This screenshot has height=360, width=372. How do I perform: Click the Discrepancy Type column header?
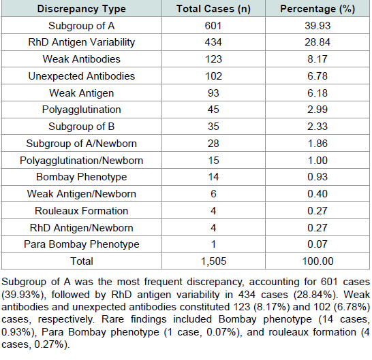coord(81,9)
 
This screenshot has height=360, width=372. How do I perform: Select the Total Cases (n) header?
coord(213,9)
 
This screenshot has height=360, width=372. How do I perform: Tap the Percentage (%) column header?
coord(317,9)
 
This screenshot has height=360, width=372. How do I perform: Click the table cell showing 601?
coord(213,26)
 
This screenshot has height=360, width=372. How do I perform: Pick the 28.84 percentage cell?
coord(317,42)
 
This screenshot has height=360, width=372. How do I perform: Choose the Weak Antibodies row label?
coord(81,59)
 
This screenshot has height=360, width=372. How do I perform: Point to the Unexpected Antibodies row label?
coord(81,76)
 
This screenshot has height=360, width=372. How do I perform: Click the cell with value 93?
coord(213,93)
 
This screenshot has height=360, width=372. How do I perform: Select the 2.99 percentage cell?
coord(317,110)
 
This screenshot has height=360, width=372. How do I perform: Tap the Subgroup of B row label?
coord(81,127)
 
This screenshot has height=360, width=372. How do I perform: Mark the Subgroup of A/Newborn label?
coord(81,144)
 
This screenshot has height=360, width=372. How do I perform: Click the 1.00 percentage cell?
coord(317,161)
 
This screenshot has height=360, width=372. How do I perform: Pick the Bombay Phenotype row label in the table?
coord(81,177)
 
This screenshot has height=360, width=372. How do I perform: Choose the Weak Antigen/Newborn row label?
coord(81,194)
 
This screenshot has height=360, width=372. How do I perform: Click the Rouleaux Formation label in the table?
coord(81,211)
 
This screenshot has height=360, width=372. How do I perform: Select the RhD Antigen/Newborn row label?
coord(81,228)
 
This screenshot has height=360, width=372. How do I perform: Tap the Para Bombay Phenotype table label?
coord(81,244)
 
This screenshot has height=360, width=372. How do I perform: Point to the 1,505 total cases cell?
coord(213,261)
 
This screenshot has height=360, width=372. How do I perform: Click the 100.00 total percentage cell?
coord(317,261)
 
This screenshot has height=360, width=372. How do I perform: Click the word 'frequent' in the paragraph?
coord(164,282)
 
